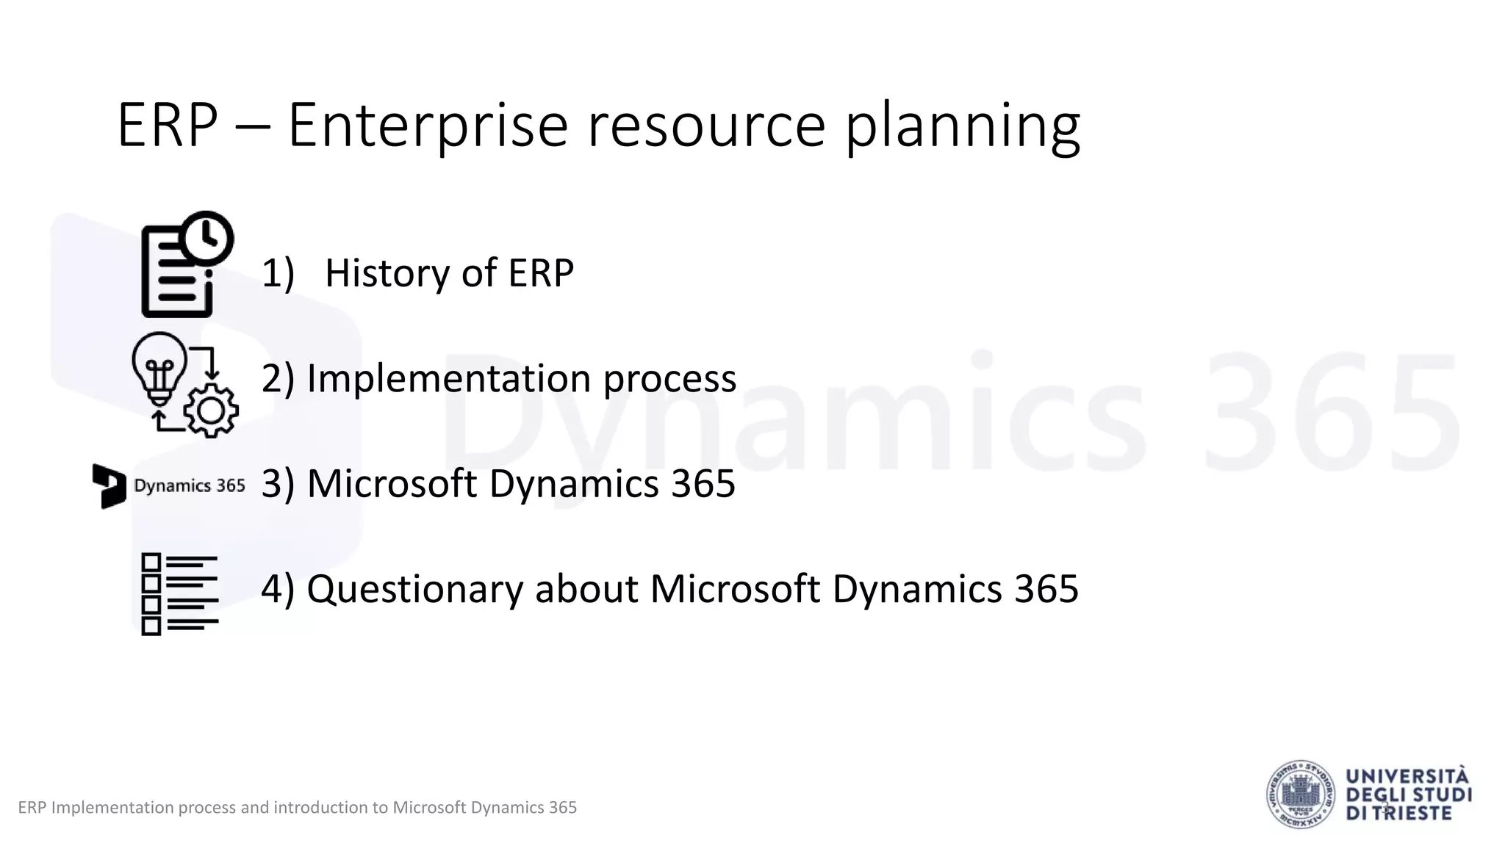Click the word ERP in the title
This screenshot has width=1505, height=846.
pyautogui.click(x=168, y=126)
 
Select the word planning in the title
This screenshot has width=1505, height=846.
pyautogui.click(x=962, y=126)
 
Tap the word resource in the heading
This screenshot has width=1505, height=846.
pyautogui.click(x=706, y=126)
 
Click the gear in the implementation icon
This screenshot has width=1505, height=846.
pyautogui.click(x=211, y=411)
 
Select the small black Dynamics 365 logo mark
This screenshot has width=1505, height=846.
pyautogui.click(x=109, y=485)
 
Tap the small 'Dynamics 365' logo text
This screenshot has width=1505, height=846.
pyautogui.click(x=190, y=486)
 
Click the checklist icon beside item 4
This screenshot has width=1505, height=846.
pyautogui.click(x=179, y=594)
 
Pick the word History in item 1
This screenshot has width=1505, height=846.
pyautogui.click(x=386, y=273)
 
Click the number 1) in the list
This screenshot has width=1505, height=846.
pyautogui.click(x=278, y=273)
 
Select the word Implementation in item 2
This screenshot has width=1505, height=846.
pyautogui.click(x=448, y=379)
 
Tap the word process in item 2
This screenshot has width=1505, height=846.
pyautogui.click(x=669, y=379)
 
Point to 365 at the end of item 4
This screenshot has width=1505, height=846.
pyautogui.click(x=1046, y=589)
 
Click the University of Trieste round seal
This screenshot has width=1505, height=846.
pyautogui.click(x=1301, y=795)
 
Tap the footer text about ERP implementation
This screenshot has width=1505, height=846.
pyautogui.click(x=297, y=808)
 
